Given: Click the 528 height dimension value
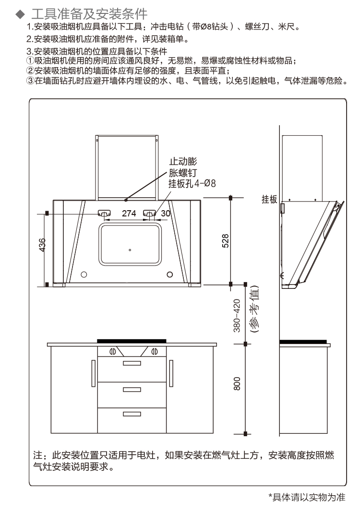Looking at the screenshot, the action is pyautogui.click(x=225, y=241).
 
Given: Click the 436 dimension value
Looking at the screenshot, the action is pyautogui.click(x=42, y=245).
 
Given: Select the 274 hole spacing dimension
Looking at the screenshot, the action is pyautogui.click(x=129, y=214).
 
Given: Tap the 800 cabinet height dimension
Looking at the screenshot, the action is pyautogui.click(x=237, y=383).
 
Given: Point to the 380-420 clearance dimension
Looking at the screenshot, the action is pyautogui.click(x=237, y=316).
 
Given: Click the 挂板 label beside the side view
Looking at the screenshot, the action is pyautogui.click(x=269, y=199).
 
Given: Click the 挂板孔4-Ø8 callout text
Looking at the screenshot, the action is pyautogui.click(x=192, y=183).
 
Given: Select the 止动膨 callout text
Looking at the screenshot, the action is pyautogui.click(x=183, y=161).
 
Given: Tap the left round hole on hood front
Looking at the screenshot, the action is pyautogui.click(x=84, y=274).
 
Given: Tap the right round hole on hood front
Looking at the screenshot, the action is pyautogui.click(x=169, y=274).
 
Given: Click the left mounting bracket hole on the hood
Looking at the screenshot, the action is pyautogui.click(x=104, y=213).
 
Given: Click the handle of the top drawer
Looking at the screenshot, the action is pyautogui.click(x=132, y=363).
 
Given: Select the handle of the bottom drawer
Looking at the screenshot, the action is pyautogui.click(x=132, y=414).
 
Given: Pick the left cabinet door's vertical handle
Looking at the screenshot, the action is pyautogui.click(x=93, y=373).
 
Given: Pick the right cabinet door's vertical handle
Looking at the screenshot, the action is pyautogui.click(x=171, y=373).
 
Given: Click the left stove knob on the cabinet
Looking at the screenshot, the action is pyautogui.click(x=112, y=351).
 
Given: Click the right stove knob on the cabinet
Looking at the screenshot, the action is pyautogui.click(x=154, y=351).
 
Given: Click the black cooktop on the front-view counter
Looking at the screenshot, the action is pyautogui.click(x=132, y=341).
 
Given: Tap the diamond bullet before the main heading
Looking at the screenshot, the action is pyautogui.click(x=20, y=14).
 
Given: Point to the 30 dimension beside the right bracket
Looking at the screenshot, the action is pyautogui.click(x=165, y=214).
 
